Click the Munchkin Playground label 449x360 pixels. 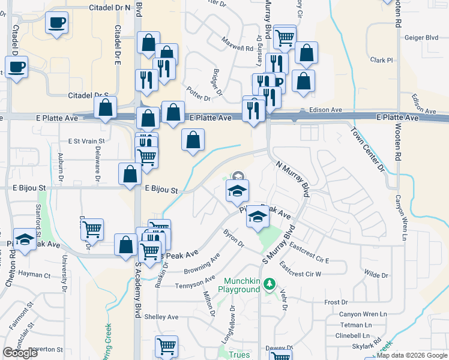pos(243,285)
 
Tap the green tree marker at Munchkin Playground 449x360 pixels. pos(270,283)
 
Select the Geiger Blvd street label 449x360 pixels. pos(421,37)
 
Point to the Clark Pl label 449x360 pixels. pos(381,60)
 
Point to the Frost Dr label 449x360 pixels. pos(336,302)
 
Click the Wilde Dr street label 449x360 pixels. pos(376,275)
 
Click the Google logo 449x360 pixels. pos(20,353)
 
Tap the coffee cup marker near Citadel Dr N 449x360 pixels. pos(57,23)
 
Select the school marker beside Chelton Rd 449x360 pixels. pos(24,240)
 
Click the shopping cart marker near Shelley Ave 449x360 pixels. pos(166,345)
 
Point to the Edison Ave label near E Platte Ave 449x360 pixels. pos(325,110)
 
